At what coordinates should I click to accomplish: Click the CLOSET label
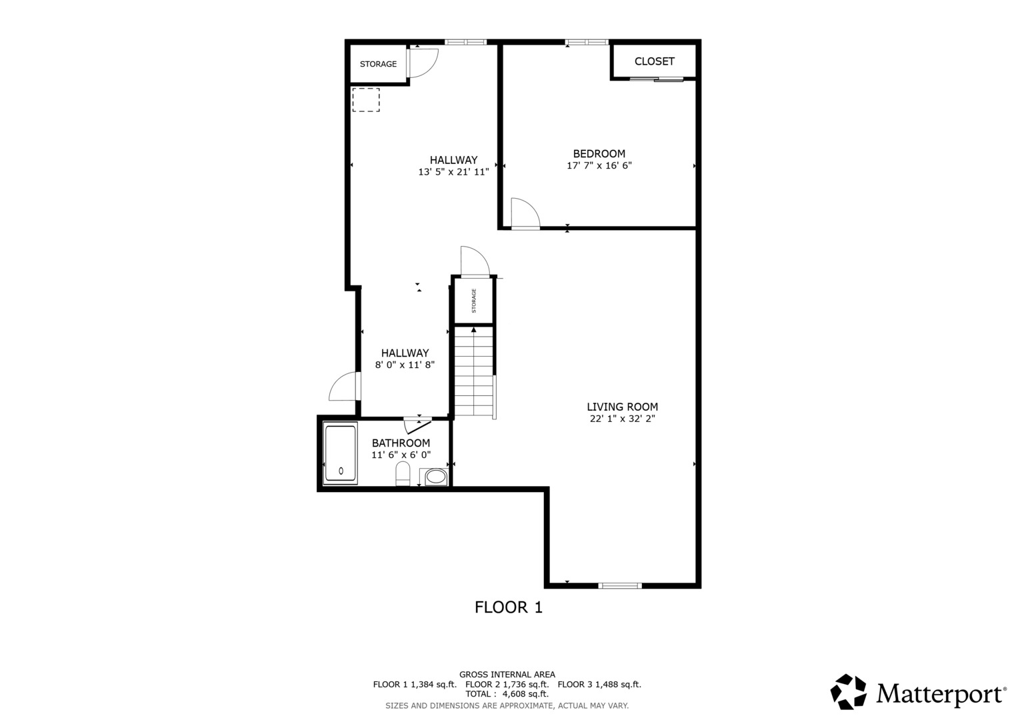point(654,61)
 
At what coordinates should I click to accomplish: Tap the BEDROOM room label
point(599,154)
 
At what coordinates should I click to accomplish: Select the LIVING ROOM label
point(622,407)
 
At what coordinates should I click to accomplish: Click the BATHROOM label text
point(401,443)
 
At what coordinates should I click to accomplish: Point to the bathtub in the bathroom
point(340,453)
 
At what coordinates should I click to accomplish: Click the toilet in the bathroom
point(403,474)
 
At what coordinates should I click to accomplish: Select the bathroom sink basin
point(436,477)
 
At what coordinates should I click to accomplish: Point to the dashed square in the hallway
point(365,100)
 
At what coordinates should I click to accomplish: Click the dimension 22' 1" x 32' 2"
point(622,419)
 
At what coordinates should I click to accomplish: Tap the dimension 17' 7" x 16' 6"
point(599,166)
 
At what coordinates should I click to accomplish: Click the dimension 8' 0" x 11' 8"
point(405,365)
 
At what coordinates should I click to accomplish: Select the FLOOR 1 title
point(508,607)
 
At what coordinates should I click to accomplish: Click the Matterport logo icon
point(848,692)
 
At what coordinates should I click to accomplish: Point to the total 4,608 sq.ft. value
point(525,694)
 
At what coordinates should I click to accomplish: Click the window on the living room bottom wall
point(620,586)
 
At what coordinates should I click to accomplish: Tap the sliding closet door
point(657,80)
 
